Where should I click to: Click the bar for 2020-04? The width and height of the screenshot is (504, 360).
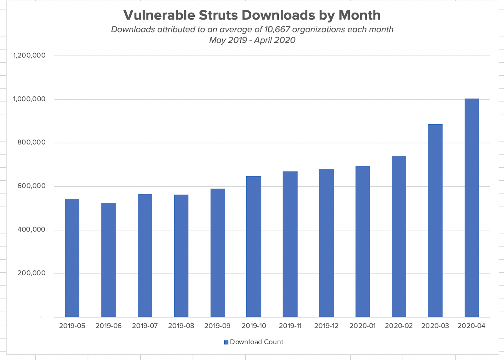[x=472, y=208]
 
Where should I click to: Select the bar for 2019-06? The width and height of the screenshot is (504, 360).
[x=108, y=260]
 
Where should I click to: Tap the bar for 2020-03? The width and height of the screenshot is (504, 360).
[x=435, y=220]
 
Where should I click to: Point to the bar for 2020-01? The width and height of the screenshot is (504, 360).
[x=363, y=241]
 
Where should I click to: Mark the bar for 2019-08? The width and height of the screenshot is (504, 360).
[x=181, y=256]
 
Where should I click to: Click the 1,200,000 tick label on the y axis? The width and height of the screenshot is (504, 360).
[x=29, y=55]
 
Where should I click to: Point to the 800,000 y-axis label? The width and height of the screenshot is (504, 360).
[x=31, y=142]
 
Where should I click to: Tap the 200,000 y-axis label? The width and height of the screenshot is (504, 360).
[x=31, y=273]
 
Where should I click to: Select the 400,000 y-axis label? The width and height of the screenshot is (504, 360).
[x=31, y=229]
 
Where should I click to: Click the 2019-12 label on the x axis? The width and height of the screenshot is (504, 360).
[x=326, y=326]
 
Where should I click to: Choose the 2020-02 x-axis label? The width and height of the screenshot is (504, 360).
[x=399, y=326]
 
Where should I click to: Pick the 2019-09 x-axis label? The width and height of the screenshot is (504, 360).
[x=217, y=326]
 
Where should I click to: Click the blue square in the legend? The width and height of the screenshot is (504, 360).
[x=226, y=342]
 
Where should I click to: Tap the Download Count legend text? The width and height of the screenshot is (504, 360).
[x=257, y=342]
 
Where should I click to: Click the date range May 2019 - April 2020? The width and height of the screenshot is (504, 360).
[x=252, y=40]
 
